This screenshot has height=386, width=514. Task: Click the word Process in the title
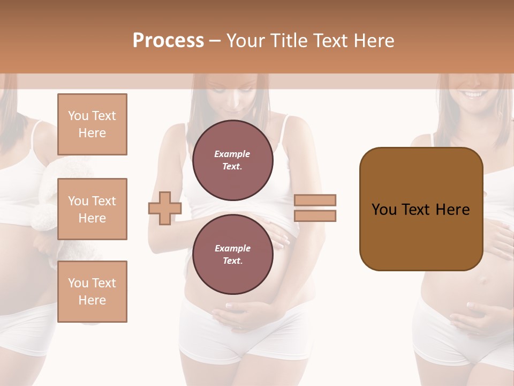(x=168, y=40)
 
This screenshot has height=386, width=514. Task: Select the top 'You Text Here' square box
(x=92, y=124)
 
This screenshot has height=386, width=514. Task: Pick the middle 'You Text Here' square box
(x=92, y=209)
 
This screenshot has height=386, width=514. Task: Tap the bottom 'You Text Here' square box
(x=92, y=291)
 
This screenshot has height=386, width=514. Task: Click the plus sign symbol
(x=165, y=207)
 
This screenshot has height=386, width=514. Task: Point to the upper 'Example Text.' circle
(x=232, y=160)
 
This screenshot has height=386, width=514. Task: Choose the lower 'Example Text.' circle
(x=232, y=254)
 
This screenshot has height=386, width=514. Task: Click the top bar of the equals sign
(x=315, y=200)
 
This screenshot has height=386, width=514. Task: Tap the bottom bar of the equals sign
(x=315, y=216)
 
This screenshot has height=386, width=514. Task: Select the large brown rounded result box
(x=421, y=209)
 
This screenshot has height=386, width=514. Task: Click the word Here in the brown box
(x=452, y=209)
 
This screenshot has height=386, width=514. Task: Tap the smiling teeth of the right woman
(x=474, y=94)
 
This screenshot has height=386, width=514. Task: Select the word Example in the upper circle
(x=232, y=154)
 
